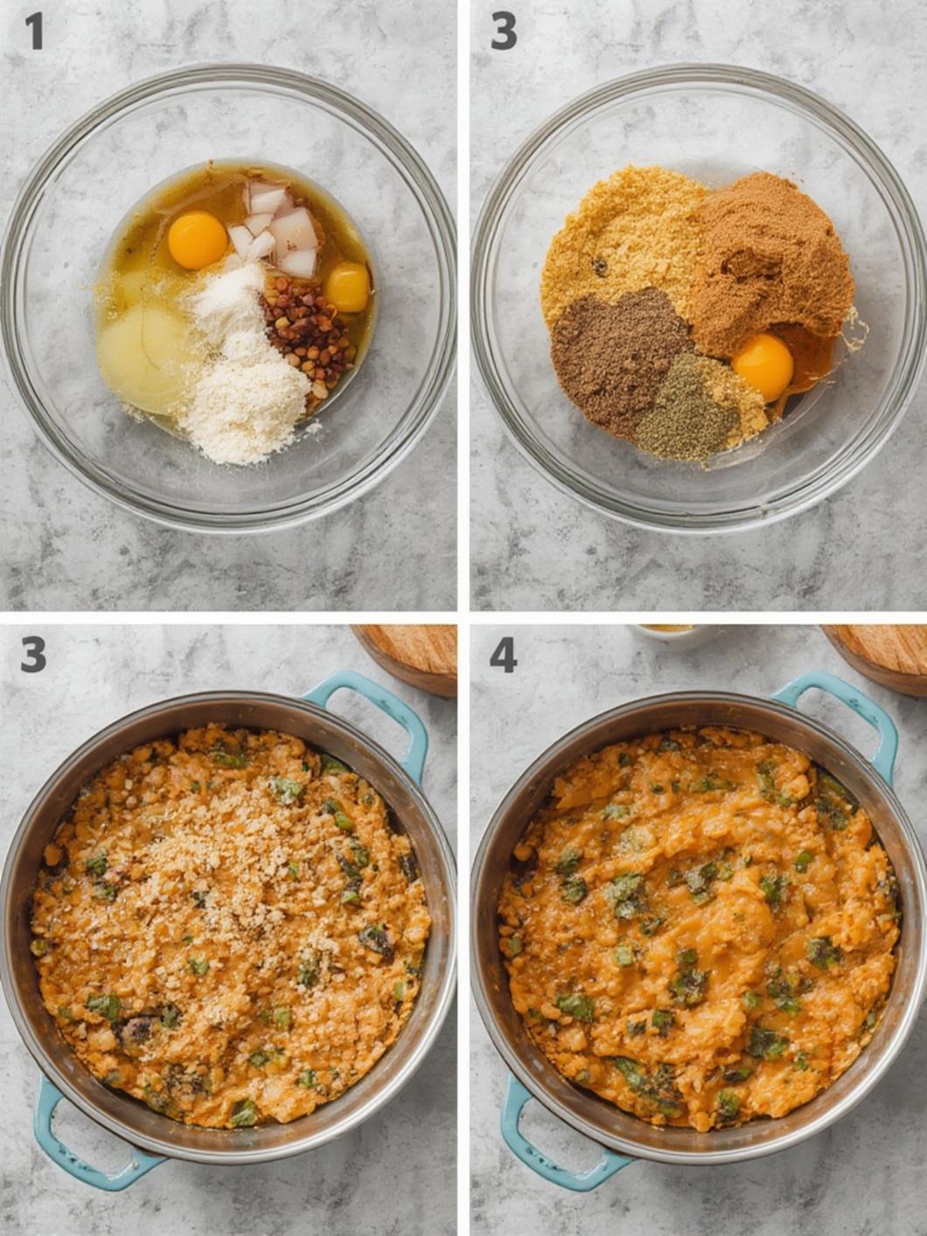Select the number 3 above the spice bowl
[x=504, y=32]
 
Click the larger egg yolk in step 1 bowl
[x=198, y=240]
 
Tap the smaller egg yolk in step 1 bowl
[x=347, y=287]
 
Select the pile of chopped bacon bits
[x=307, y=334]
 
